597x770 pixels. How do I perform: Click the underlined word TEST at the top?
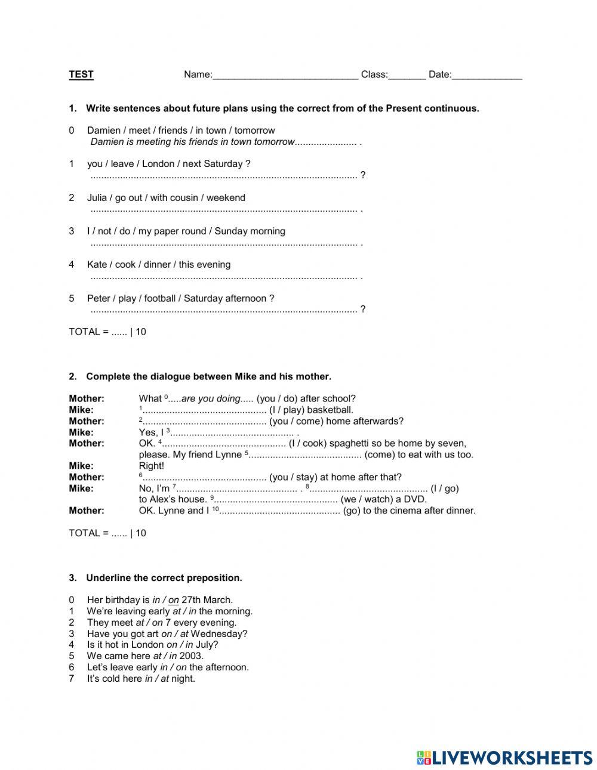coord(81,75)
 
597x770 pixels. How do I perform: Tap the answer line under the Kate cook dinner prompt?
coord(223,277)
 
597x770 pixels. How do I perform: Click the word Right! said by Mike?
coord(151,466)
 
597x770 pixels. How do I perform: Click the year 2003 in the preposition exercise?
coord(191,656)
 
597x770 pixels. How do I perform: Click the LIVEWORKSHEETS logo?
coord(504,757)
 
